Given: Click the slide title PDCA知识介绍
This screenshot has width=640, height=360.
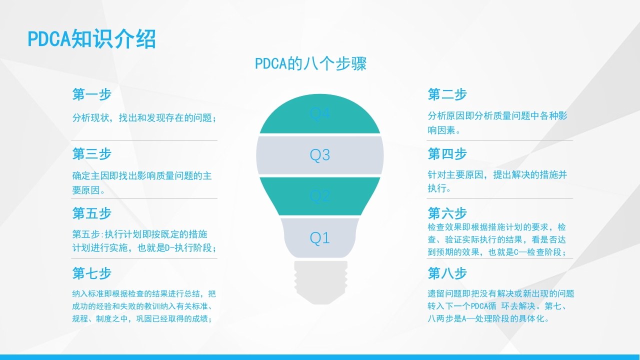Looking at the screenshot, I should [x=91, y=39].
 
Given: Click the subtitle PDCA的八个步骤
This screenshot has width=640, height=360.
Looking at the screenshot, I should [x=310, y=64].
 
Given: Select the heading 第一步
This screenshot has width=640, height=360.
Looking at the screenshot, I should [x=91, y=94].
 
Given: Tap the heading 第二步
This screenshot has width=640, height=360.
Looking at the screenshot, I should [x=447, y=94].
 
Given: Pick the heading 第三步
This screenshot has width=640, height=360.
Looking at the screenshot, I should [x=91, y=154].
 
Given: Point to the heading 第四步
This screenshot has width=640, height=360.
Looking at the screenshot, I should [x=447, y=154].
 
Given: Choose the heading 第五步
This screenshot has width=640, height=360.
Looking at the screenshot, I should [x=91, y=213].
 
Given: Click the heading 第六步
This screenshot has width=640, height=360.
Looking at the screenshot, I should [x=447, y=213].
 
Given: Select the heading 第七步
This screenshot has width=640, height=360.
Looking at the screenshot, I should [x=91, y=273].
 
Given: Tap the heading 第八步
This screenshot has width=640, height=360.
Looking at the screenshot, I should [x=447, y=273].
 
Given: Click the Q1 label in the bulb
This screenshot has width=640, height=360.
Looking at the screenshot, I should [x=320, y=238].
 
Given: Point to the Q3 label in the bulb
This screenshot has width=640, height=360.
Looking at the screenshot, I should [x=320, y=155].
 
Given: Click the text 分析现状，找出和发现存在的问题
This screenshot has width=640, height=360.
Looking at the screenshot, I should [x=144, y=118].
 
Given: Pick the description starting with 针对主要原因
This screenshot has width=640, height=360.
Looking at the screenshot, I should [x=497, y=181].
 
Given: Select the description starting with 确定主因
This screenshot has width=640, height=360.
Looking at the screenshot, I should [x=142, y=182].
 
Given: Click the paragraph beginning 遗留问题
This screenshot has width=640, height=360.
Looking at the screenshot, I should [x=500, y=306].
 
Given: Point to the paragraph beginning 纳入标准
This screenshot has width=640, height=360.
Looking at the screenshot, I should [x=144, y=306].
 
